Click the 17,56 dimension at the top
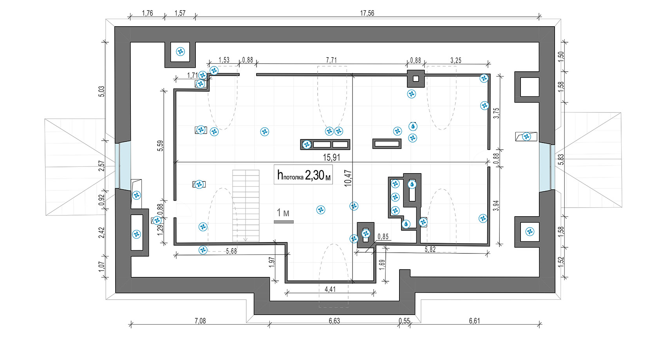367,13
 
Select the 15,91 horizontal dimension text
331,157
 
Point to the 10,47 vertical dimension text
348,178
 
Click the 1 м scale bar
284,222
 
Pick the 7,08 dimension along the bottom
200,321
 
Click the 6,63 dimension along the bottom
334,321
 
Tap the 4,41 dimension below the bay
330,289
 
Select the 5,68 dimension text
231,251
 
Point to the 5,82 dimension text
430,250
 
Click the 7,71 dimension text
331,60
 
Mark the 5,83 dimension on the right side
560,159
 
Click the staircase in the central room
246,206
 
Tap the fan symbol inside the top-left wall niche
181,52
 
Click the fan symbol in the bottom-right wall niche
530,232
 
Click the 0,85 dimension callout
383,237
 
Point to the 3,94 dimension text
496,206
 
